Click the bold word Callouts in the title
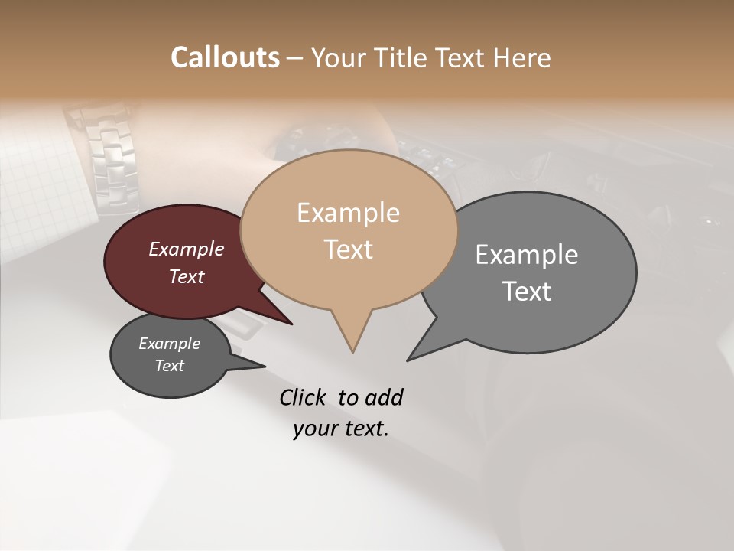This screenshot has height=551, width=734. (226, 57)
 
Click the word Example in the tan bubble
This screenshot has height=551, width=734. (348, 213)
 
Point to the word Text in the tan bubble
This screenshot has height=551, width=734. (348, 249)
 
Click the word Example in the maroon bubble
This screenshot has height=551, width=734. (187, 249)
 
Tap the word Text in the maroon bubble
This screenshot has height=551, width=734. (187, 276)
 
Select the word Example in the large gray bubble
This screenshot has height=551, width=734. (527, 255)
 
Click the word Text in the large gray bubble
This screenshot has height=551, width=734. (527, 291)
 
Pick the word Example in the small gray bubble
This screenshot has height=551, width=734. (169, 344)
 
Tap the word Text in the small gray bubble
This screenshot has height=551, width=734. (169, 366)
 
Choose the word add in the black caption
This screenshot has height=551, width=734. (384, 397)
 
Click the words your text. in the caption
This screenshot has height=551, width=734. (341, 429)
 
